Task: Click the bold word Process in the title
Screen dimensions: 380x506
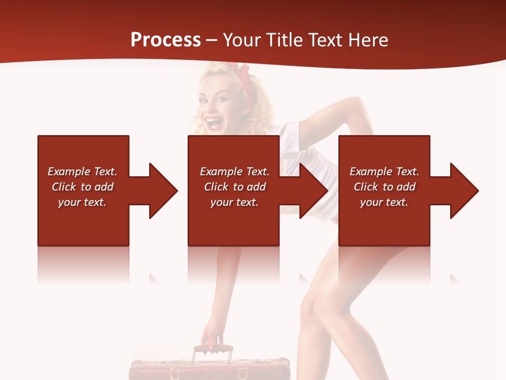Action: coord(166,40)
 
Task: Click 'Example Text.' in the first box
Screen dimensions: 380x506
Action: coord(82,172)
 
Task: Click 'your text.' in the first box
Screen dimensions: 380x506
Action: coord(82,202)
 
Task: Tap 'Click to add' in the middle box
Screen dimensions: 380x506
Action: coord(235,187)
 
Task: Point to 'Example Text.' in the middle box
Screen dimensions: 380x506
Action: coord(235,172)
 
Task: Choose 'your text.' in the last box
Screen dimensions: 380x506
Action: coord(384,202)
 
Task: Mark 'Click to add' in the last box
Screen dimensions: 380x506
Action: coord(384,187)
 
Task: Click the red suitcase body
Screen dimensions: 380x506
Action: coord(211,369)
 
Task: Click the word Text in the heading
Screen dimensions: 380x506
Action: coord(328,40)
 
